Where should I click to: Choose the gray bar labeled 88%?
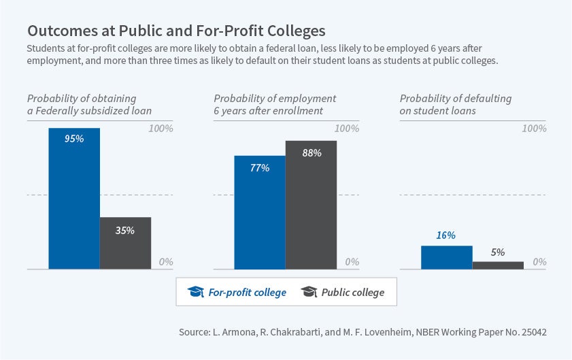pos(311,205)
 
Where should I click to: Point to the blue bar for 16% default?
pos(446,257)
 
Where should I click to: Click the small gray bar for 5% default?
pos(498,265)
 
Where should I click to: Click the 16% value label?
pos(446,235)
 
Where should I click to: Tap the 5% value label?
pos(498,252)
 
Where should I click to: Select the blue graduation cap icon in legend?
pos(196,292)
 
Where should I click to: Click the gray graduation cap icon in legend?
pos(309,292)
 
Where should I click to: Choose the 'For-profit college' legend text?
pos(247,292)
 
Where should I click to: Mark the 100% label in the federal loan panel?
pos(161,128)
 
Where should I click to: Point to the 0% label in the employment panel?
pos(352,261)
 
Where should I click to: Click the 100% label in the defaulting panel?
pos(534,128)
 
